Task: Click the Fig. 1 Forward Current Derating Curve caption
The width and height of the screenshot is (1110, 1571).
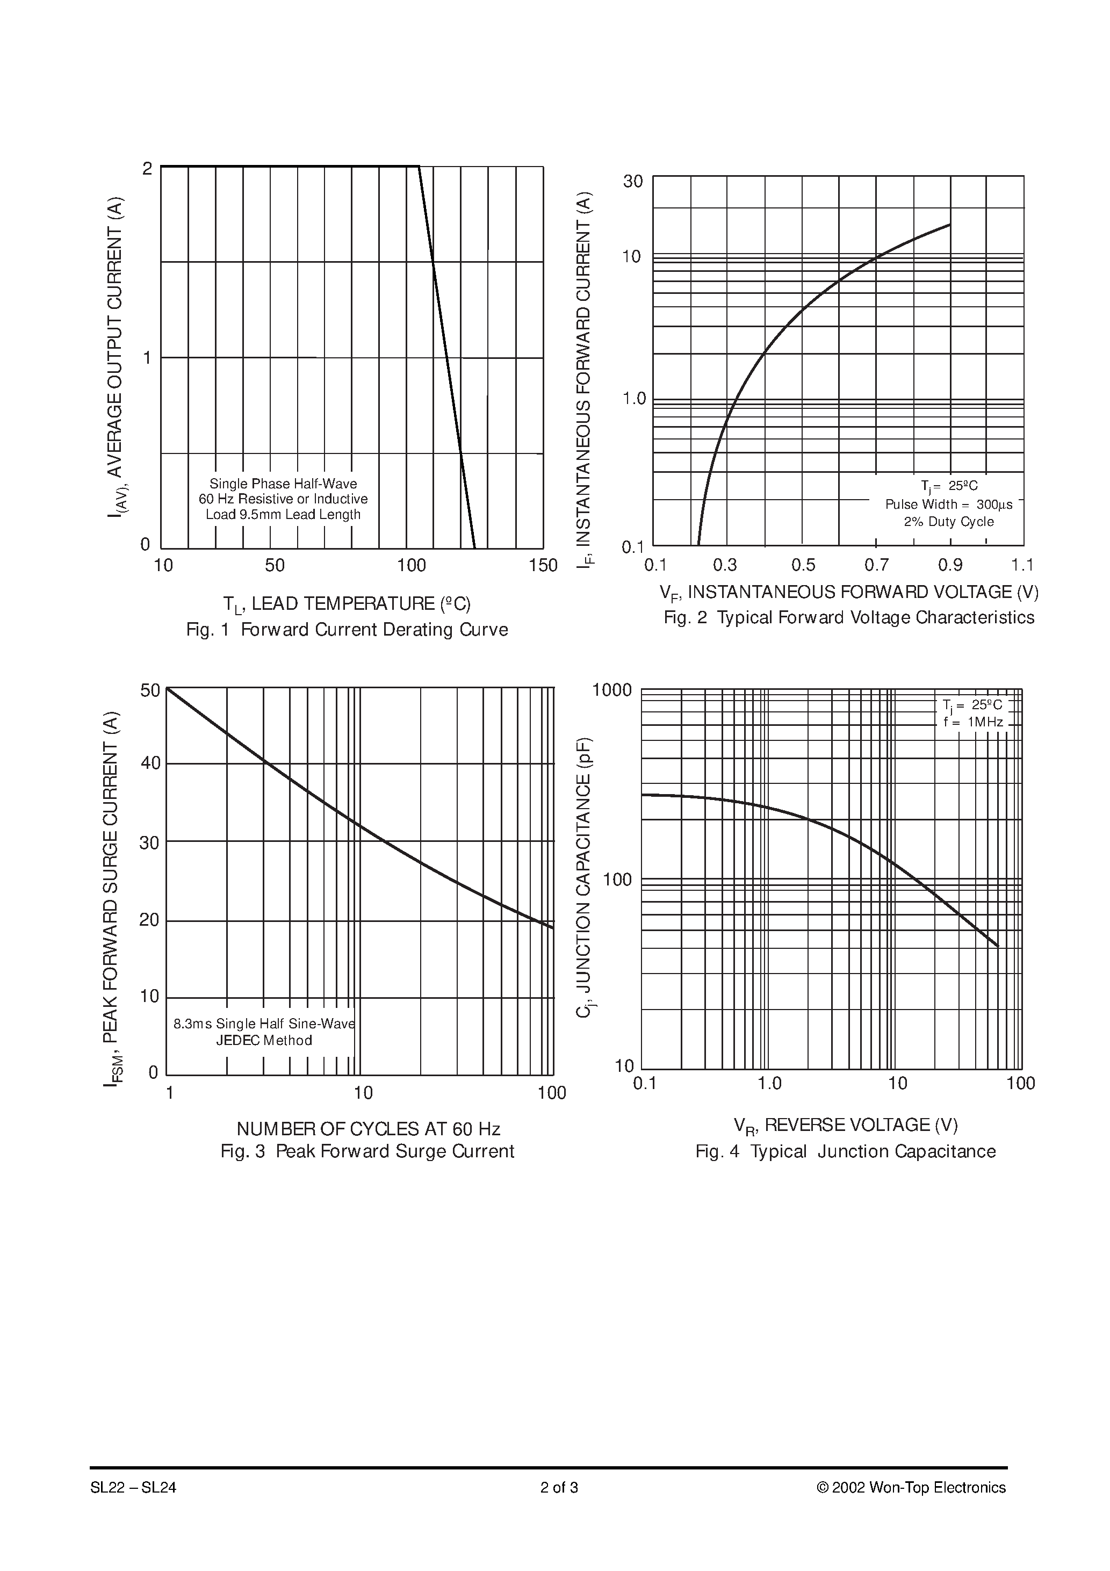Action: point(347,630)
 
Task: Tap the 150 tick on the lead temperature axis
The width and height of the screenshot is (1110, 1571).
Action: point(543,565)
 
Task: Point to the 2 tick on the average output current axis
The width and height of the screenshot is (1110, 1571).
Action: point(147,168)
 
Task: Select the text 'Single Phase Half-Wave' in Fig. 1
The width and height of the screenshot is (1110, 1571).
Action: point(283,484)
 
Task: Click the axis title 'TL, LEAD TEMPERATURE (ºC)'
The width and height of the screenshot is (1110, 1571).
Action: point(347,603)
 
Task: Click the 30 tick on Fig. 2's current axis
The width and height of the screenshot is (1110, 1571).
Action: point(633,181)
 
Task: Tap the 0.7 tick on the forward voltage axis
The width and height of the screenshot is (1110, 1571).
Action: point(876,565)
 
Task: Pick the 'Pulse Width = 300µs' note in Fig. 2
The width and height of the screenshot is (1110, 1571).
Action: point(948,505)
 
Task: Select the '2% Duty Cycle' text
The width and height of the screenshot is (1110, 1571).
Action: point(948,521)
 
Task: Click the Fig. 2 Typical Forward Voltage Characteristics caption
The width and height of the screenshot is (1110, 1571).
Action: point(848,617)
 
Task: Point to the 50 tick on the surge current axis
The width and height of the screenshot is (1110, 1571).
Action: point(150,690)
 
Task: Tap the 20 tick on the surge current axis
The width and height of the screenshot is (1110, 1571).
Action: point(149,920)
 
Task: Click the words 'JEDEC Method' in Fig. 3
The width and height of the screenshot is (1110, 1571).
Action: point(264,1040)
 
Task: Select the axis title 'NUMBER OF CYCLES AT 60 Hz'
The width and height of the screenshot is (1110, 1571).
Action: point(368,1128)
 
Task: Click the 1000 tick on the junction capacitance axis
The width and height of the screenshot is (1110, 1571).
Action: point(612,690)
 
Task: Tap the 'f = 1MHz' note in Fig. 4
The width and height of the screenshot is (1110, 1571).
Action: point(972,722)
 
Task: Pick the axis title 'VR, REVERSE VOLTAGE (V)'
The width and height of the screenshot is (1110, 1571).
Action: point(845,1125)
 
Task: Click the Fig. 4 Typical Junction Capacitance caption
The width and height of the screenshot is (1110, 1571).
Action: point(845,1151)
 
